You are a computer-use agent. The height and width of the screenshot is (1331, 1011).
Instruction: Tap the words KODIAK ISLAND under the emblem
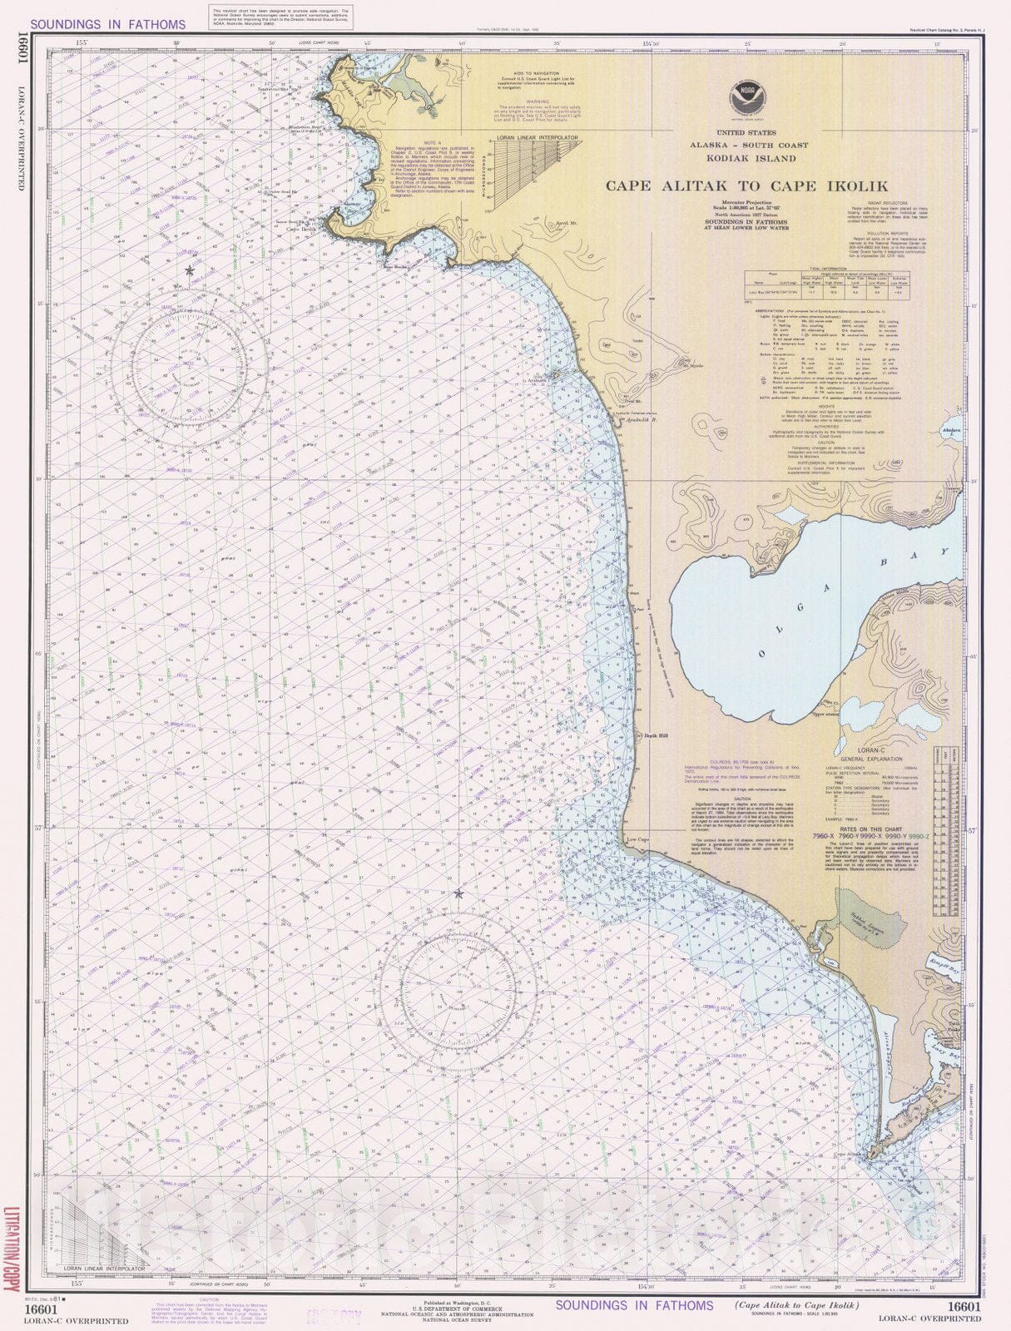(x=743, y=158)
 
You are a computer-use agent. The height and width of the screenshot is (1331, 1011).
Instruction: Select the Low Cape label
(x=637, y=840)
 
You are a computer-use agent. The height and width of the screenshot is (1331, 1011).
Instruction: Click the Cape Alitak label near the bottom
(x=846, y=1155)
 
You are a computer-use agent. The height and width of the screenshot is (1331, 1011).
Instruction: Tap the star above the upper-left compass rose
(x=190, y=271)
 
